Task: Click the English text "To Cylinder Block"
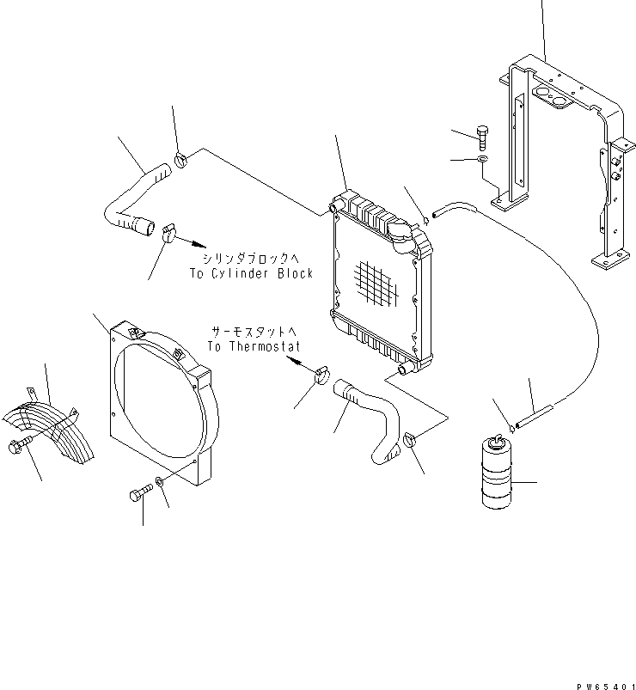[251, 274]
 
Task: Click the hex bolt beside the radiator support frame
[484, 136]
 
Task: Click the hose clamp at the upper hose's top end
[181, 159]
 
